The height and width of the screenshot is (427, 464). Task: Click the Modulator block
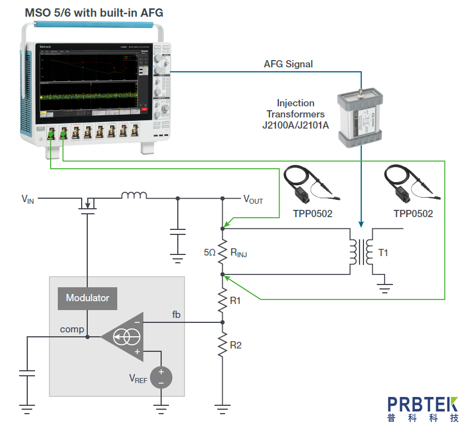(x=88, y=298)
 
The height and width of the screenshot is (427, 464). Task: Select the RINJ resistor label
(x=238, y=253)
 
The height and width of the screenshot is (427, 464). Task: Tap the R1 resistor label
(x=236, y=301)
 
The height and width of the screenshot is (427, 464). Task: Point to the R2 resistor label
(x=236, y=345)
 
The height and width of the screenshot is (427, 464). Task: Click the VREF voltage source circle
(x=161, y=377)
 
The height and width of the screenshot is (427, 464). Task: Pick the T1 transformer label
(x=383, y=253)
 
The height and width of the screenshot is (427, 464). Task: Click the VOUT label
(x=253, y=199)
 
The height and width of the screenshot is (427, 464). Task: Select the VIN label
(x=27, y=199)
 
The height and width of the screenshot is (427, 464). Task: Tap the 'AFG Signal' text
(x=288, y=64)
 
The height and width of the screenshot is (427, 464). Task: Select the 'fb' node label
(x=176, y=315)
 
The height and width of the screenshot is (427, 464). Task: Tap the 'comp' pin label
(x=72, y=329)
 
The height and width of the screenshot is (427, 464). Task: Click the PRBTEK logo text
(x=423, y=405)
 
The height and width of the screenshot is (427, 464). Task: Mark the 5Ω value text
(x=209, y=253)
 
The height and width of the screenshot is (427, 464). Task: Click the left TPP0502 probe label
(x=312, y=213)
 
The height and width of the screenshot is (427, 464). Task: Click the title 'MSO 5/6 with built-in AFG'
(x=94, y=12)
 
